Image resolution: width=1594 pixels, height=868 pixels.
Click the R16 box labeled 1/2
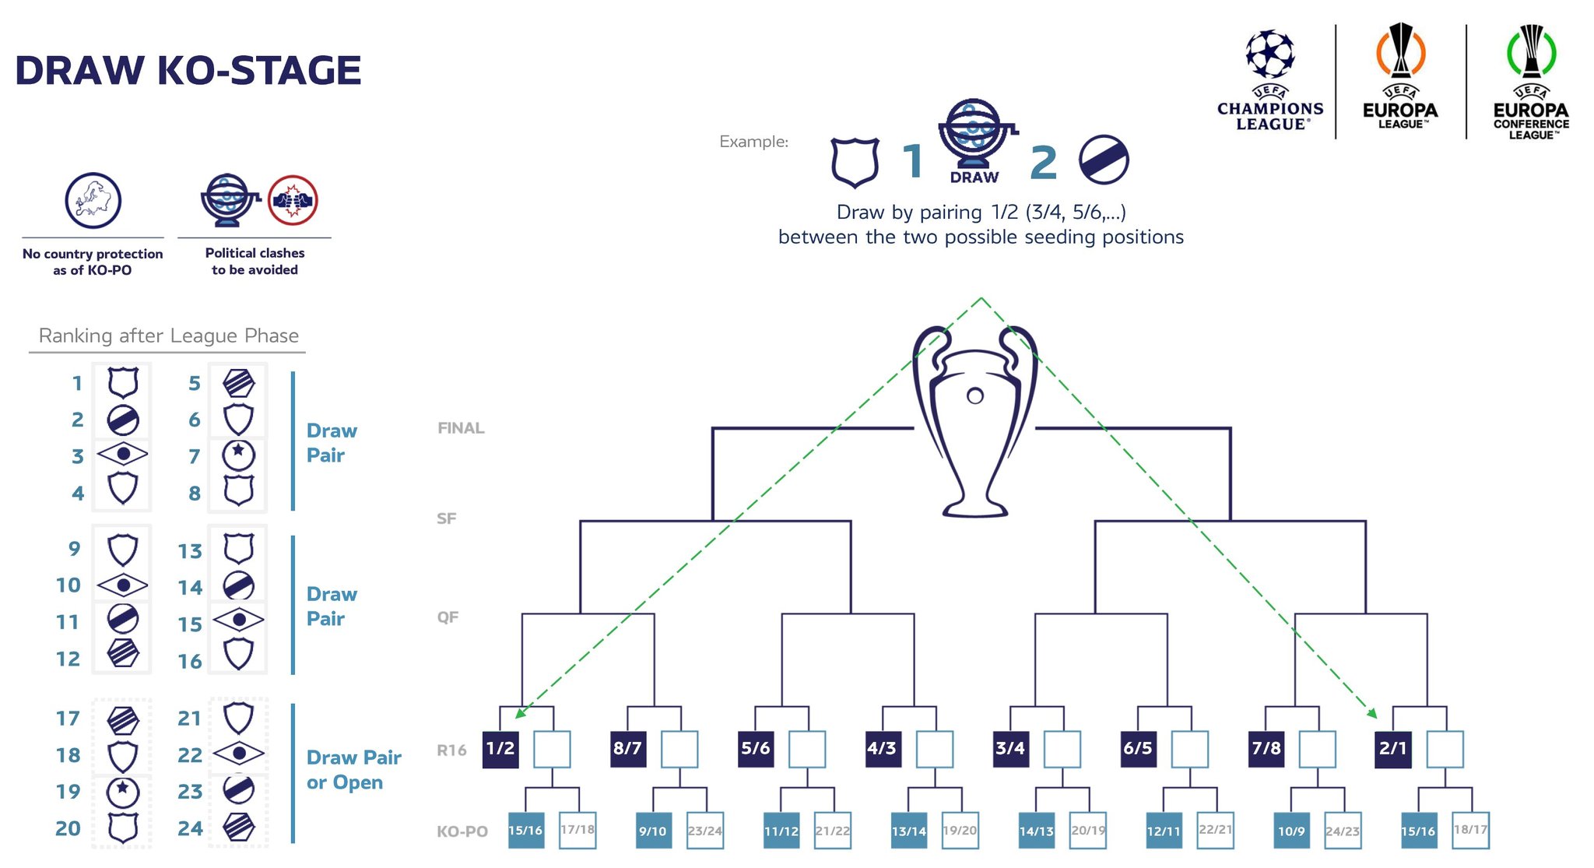[x=500, y=750]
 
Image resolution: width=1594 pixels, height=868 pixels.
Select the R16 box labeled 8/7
[x=628, y=750]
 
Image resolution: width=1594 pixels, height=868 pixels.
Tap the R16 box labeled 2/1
[x=1393, y=750]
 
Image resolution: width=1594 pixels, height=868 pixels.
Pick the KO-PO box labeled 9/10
[x=653, y=830]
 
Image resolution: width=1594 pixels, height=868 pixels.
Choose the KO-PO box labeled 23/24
[x=705, y=830]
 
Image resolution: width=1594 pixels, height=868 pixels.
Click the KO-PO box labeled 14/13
[x=1037, y=830]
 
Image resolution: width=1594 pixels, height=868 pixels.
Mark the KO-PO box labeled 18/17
[x=1471, y=830]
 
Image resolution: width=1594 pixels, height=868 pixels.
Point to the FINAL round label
[x=461, y=428]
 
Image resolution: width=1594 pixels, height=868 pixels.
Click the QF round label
[x=448, y=617]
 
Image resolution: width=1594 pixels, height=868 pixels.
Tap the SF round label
[x=447, y=518]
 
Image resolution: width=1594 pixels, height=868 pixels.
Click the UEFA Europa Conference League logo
[x=1531, y=82]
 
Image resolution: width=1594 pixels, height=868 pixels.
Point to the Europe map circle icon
[x=93, y=201]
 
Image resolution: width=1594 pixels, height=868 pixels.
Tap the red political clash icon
[x=293, y=200]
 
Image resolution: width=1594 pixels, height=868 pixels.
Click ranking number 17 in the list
[x=68, y=719]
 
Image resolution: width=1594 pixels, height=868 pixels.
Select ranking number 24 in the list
[x=190, y=829]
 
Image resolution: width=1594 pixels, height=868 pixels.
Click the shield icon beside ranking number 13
[x=238, y=549]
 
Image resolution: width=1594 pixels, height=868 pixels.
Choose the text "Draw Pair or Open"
[x=354, y=770]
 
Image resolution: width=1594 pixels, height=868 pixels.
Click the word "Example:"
[x=753, y=142]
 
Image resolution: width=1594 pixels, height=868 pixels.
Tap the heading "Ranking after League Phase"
[x=169, y=336]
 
